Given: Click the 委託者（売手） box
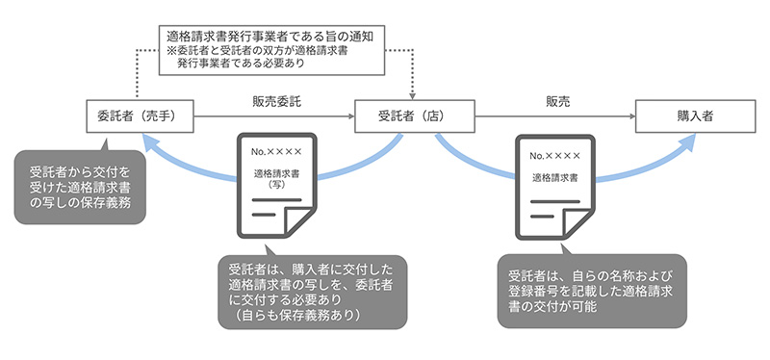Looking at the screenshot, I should click(141, 116).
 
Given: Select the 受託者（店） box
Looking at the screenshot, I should click(411, 116).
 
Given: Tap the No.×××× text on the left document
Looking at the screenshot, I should click(276, 152).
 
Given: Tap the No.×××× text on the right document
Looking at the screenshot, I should click(555, 154).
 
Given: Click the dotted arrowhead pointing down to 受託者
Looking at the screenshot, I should click(412, 93).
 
